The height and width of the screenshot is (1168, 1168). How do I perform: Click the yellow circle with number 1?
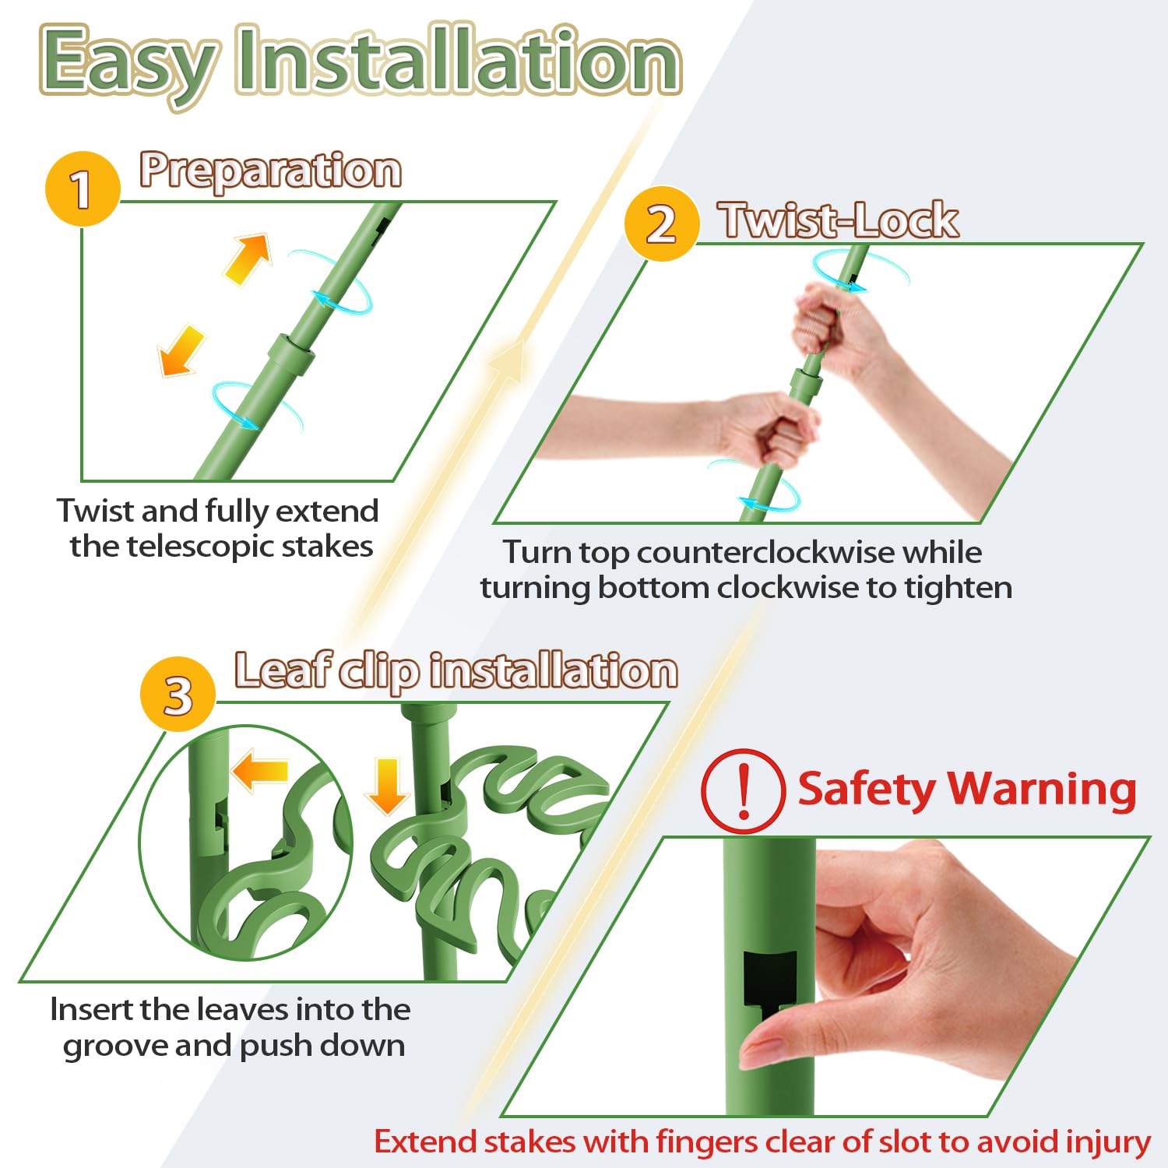pos(83,189)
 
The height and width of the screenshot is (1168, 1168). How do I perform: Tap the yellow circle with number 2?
pos(662,223)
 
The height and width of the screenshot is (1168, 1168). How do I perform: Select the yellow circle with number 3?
pos(178,694)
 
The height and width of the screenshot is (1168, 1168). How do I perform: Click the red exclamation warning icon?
pos(743,791)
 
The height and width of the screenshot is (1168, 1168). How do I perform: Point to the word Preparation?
pos(271,171)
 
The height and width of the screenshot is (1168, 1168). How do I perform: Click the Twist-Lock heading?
pos(839,220)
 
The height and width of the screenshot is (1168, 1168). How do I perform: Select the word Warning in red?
pos(1041,790)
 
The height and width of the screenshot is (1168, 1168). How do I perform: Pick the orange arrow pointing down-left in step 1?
pos(181,351)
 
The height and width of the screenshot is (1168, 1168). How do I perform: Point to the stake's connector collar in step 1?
pos(291,354)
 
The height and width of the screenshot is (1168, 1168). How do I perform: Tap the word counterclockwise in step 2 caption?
pos(766,552)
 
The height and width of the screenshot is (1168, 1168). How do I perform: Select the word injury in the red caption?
pos(1108,1142)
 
